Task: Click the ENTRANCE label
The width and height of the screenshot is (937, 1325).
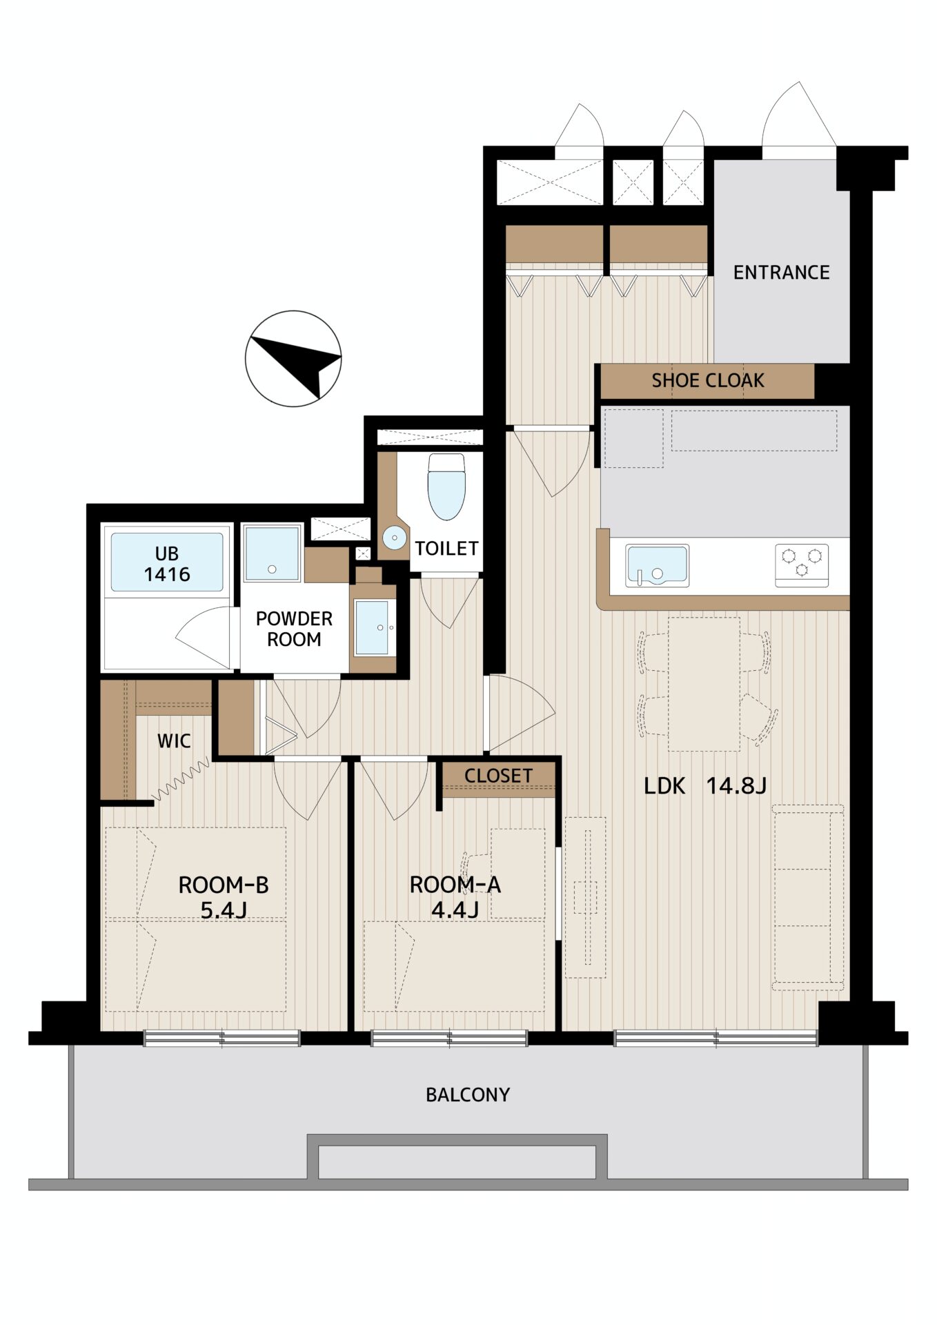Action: (x=781, y=273)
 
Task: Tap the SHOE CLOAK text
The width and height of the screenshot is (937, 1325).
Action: (x=708, y=380)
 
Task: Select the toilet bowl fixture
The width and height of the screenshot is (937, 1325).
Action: (x=446, y=486)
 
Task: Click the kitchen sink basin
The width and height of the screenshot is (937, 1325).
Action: (x=657, y=566)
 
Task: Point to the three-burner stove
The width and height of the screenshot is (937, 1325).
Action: (x=802, y=565)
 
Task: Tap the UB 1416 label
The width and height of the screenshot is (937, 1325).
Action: (x=167, y=564)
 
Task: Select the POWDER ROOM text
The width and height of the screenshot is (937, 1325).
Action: (x=294, y=629)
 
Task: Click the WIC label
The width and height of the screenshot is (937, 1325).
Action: (x=174, y=741)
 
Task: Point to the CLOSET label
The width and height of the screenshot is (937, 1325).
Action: (x=498, y=776)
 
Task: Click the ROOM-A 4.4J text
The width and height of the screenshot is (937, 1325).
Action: (x=455, y=897)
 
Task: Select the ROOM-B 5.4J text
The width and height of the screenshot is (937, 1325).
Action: (x=224, y=897)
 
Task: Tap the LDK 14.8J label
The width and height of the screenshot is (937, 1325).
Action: (x=705, y=785)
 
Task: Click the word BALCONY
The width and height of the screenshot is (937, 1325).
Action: (x=468, y=1095)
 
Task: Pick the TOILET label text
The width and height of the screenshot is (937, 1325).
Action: (x=446, y=549)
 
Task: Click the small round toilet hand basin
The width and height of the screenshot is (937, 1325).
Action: (x=395, y=538)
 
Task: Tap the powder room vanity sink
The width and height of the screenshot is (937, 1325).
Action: (x=373, y=627)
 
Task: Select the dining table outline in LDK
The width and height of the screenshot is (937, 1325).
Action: (x=704, y=684)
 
